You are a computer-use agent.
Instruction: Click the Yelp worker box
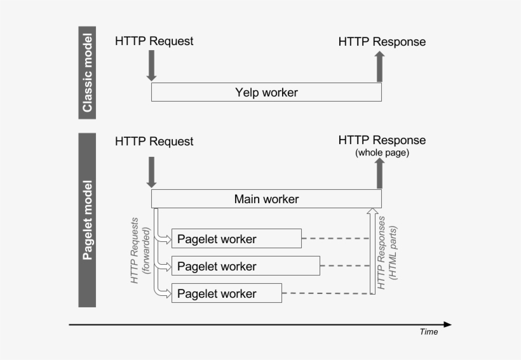[x=266, y=92]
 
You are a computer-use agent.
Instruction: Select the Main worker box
[x=266, y=199]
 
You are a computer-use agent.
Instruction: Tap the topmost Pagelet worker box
[x=236, y=239]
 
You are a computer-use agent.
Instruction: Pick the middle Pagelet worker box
[x=246, y=266]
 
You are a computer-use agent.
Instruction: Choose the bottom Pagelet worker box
[x=227, y=293]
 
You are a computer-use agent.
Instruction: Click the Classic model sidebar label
[x=87, y=72]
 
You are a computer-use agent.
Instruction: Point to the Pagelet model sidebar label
[x=87, y=220]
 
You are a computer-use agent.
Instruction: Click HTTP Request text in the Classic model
[x=154, y=41]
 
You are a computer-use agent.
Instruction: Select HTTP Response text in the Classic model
[x=382, y=42]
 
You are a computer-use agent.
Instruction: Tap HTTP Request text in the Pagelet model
[x=154, y=141]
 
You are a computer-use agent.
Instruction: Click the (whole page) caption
[x=382, y=153]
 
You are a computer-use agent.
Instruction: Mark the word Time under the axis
[x=428, y=331]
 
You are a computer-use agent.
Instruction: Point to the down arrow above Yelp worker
[x=151, y=66]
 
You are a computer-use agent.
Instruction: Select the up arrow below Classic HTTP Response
[x=380, y=67]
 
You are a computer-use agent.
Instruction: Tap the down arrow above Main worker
[x=151, y=172]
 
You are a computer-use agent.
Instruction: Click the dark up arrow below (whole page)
[x=380, y=173]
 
